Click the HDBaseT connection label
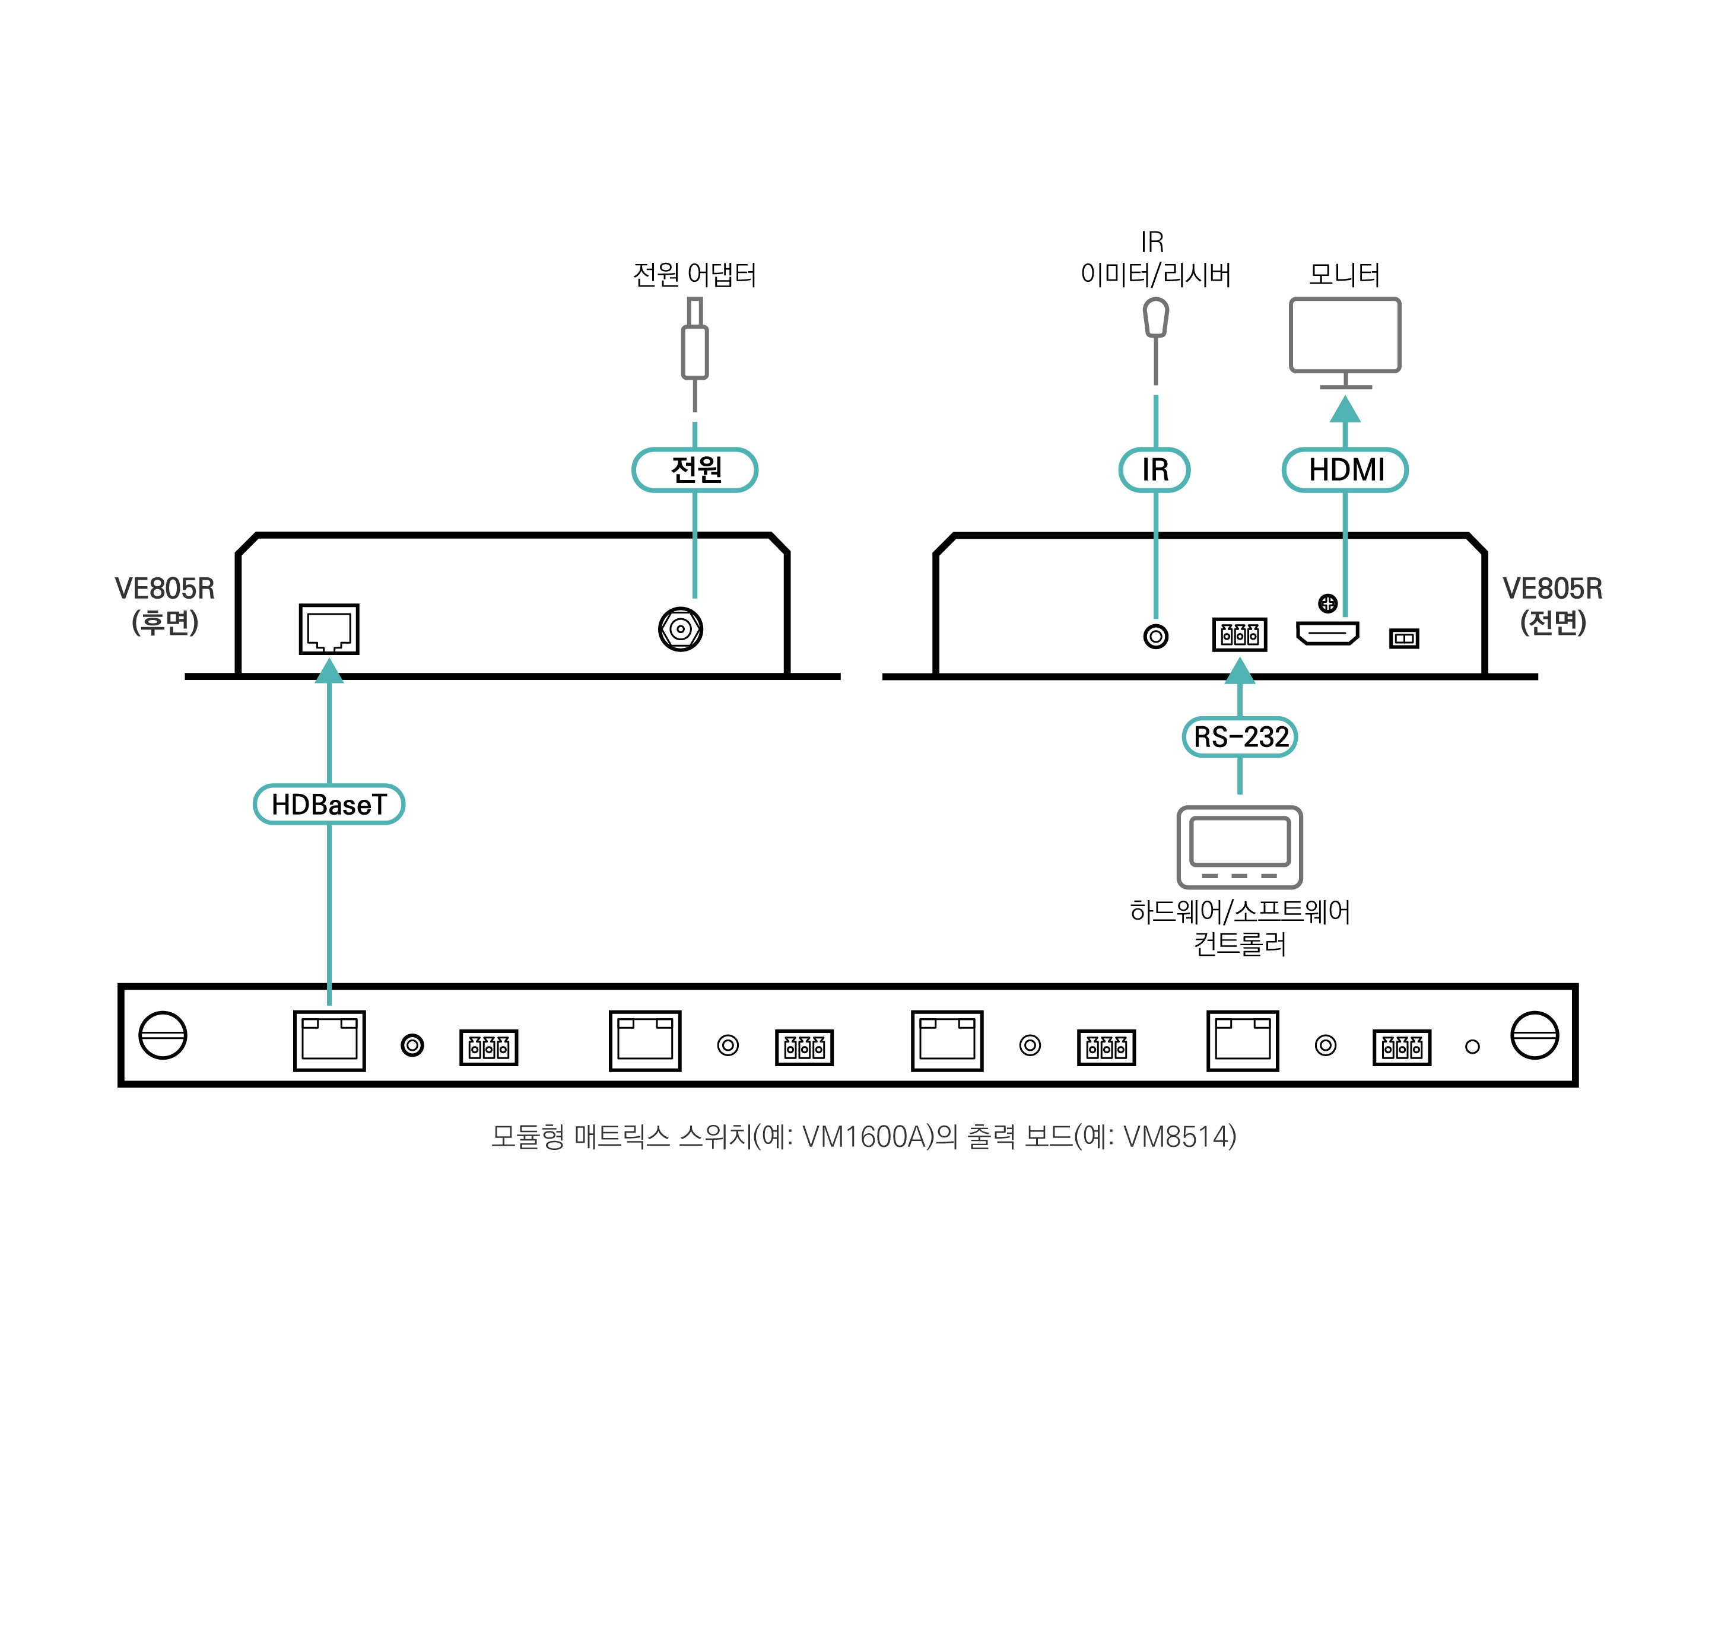[329, 805]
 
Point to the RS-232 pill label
[1240, 737]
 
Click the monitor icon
[1346, 341]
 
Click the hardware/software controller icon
[1240, 847]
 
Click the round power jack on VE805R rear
[681, 629]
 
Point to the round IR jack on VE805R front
[1156, 637]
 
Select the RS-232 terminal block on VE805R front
[1240, 635]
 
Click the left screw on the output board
[163, 1035]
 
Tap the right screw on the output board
[1535, 1035]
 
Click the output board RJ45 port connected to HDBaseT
[329, 1041]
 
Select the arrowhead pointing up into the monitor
[1346, 410]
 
